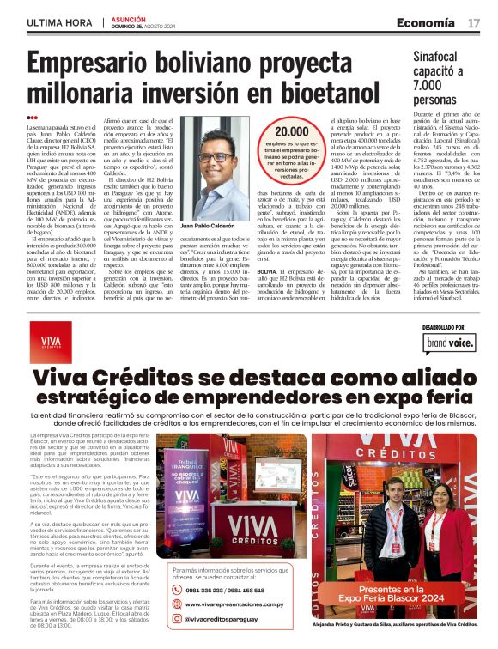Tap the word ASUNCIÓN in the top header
tap(130, 17)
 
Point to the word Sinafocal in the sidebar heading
tap(439, 55)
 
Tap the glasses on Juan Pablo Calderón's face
tap(211, 157)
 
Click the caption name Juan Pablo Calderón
tap(210, 224)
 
